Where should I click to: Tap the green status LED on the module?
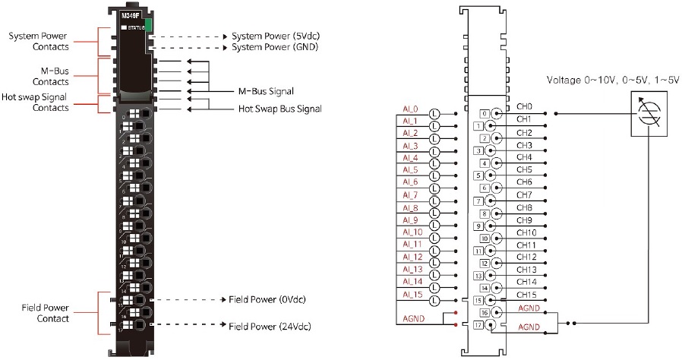[x=149, y=26]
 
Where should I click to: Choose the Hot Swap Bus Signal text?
[x=279, y=109]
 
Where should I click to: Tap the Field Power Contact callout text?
[x=46, y=313]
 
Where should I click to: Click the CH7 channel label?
[x=525, y=195]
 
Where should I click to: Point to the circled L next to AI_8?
[x=435, y=209]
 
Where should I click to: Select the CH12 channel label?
[x=526, y=257]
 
